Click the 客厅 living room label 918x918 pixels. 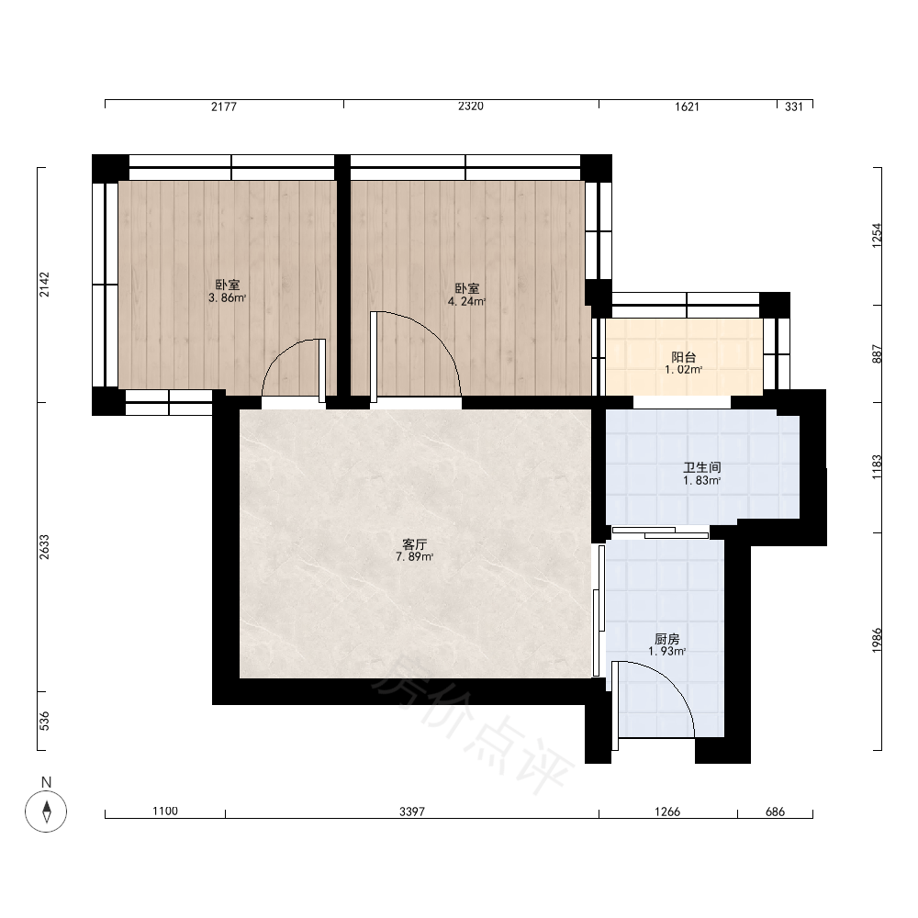point(415,544)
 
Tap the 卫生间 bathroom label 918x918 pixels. point(702,467)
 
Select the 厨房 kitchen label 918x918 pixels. point(666,639)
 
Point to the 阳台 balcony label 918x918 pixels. point(683,357)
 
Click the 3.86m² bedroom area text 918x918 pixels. point(227,298)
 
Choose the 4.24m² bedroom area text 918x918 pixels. point(466,301)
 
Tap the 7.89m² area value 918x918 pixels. point(415,557)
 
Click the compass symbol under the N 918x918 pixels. point(46,812)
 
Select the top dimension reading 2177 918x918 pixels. point(224,106)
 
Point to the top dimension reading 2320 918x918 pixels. point(471,106)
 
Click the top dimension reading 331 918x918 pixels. point(794,106)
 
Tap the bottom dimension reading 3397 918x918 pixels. point(412,812)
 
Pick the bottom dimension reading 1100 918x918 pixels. point(165,811)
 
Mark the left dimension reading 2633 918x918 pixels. point(44,547)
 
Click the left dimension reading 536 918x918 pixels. point(44,721)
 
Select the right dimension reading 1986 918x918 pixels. point(877,641)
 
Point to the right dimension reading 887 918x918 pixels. point(877,353)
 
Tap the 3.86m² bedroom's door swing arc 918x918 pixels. point(280,353)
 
